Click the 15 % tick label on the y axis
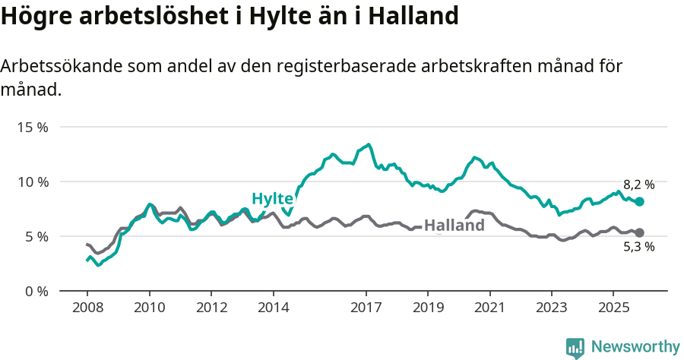point(33,127)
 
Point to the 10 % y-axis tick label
point(33,182)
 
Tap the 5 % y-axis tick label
point(36,236)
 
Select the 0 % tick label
point(36,291)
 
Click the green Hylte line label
point(273,199)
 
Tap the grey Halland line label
point(454,226)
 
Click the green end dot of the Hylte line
point(640,202)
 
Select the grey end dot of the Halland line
point(640,233)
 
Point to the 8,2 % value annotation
point(638,185)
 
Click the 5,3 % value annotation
point(638,247)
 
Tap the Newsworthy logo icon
point(575,347)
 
